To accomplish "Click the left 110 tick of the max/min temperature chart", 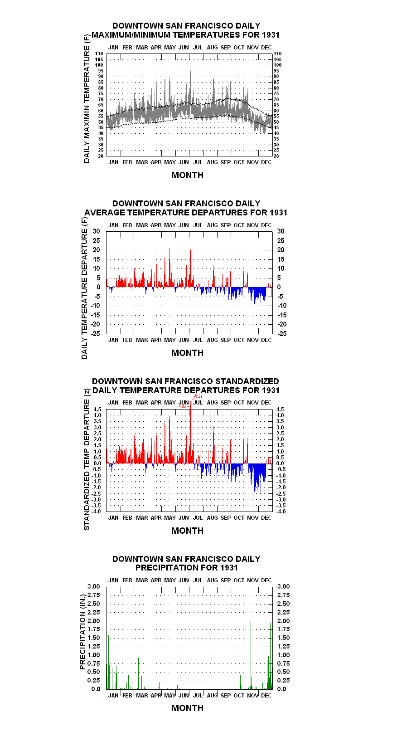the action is point(99,54).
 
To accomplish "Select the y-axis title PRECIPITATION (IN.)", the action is point(82,632).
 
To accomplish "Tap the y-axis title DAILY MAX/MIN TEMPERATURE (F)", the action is point(87,98).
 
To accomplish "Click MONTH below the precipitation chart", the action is point(188,708).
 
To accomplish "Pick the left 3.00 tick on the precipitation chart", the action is point(93,586).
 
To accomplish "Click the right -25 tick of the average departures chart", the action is point(282,333).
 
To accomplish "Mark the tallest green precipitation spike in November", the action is point(251,655).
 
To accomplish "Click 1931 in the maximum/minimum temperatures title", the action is point(271,35).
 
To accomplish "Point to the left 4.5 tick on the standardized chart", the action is point(97,409).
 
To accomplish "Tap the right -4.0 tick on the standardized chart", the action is point(281,512).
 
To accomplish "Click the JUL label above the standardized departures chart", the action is point(198,403).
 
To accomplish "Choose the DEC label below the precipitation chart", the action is point(266,695).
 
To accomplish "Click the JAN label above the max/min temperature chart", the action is point(113,48).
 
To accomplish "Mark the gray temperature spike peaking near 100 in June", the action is point(190,83).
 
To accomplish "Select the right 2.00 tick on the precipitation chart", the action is point(283,621).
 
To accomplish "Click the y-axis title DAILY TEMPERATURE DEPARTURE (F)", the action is point(85,288).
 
